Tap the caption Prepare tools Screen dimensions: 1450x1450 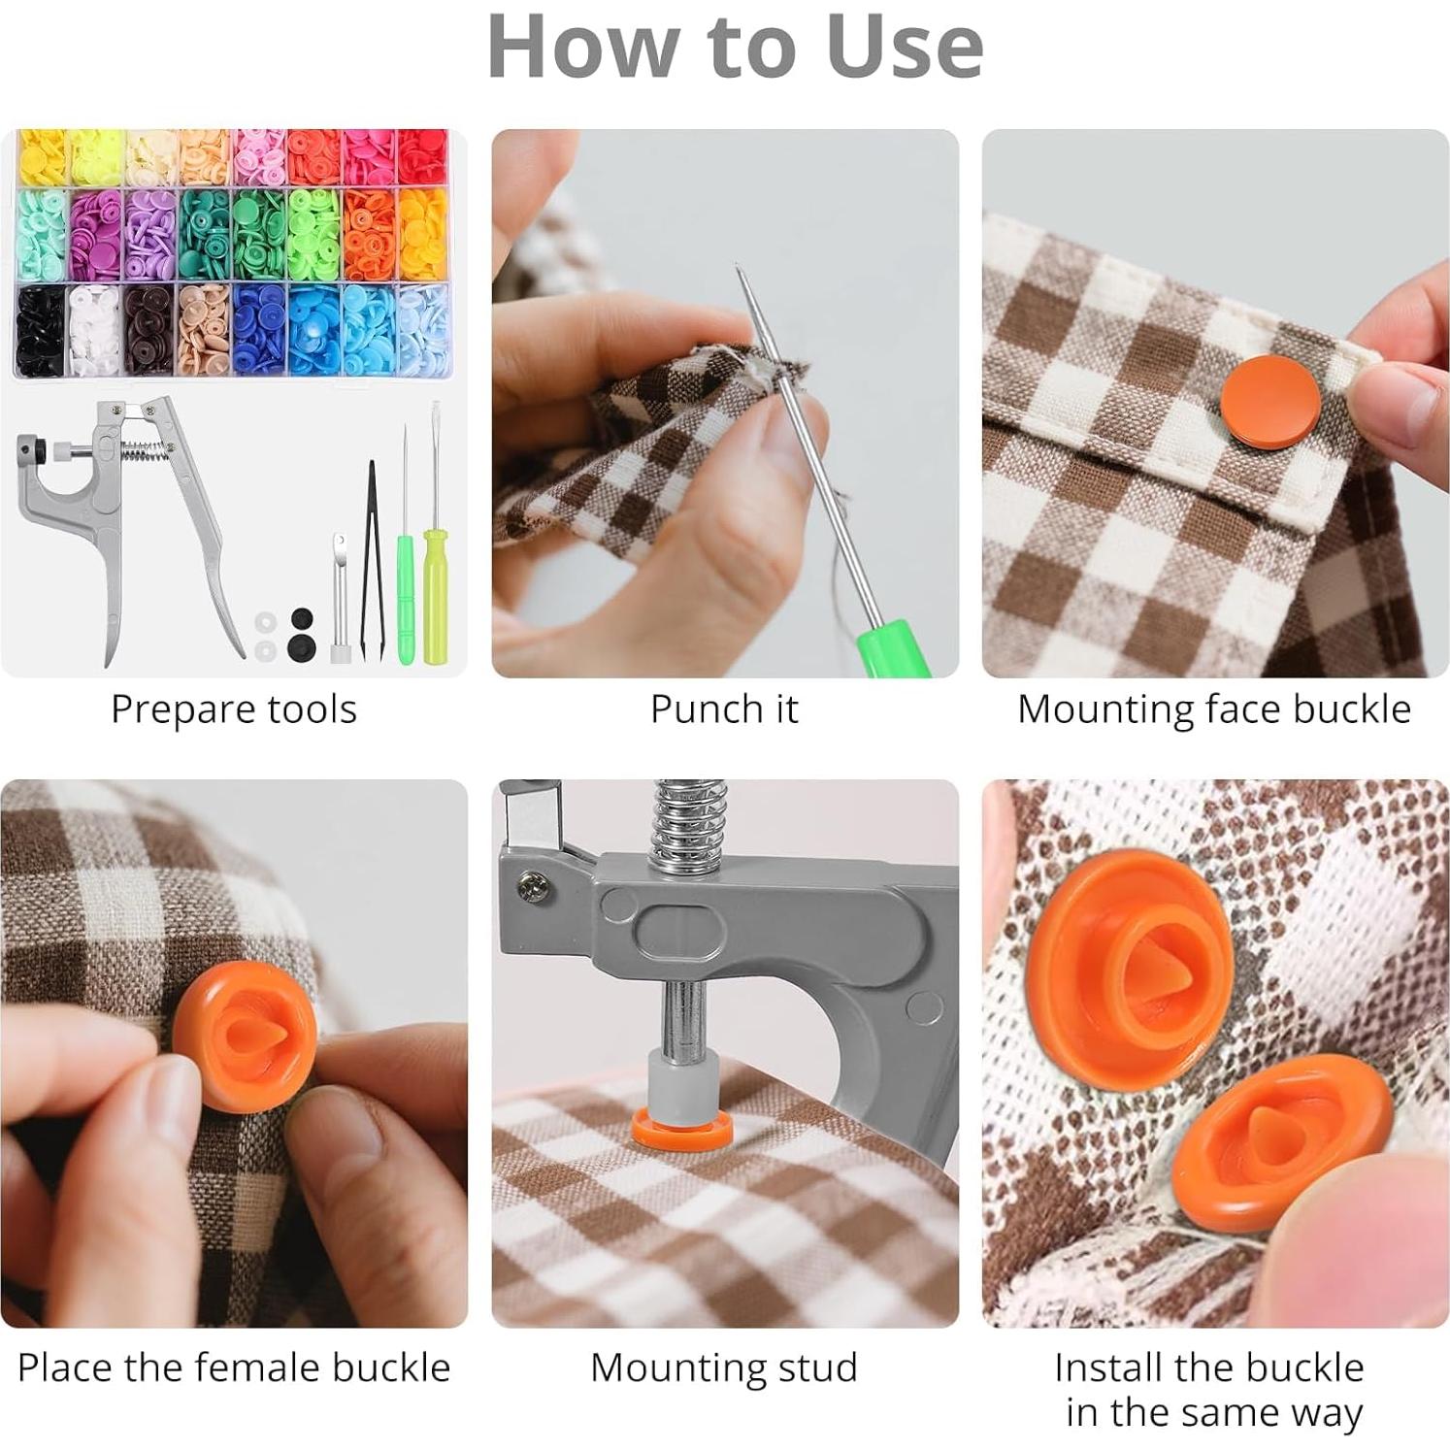tap(234, 709)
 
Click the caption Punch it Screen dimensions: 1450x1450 tap(724, 709)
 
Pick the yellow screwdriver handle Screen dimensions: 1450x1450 tap(434, 609)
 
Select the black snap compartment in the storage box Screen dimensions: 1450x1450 tap(40, 330)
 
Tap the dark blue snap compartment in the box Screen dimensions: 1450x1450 tap(259, 330)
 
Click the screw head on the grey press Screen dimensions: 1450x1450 tap(531, 885)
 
